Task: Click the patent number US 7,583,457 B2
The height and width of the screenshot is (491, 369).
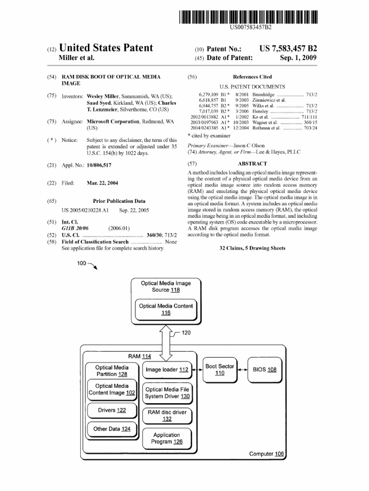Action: (288, 48)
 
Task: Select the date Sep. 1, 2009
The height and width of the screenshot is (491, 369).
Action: (298, 58)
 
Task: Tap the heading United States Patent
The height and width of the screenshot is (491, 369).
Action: (105, 48)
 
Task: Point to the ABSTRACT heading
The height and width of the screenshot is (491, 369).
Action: (252, 164)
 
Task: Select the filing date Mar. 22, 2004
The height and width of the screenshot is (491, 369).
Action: (102, 183)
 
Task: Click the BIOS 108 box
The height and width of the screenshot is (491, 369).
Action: (265, 370)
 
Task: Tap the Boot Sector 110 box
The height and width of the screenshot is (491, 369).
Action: (220, 370)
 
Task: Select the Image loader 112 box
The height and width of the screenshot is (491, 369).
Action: (167, 370)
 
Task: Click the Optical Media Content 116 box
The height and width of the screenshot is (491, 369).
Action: (166, 309)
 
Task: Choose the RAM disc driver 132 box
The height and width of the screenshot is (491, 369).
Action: (167, 415)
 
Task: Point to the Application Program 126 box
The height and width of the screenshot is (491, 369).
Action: (167, 438)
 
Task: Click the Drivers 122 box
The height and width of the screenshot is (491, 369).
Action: (112, 410)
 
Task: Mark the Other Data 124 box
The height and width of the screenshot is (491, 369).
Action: (112, 429)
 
